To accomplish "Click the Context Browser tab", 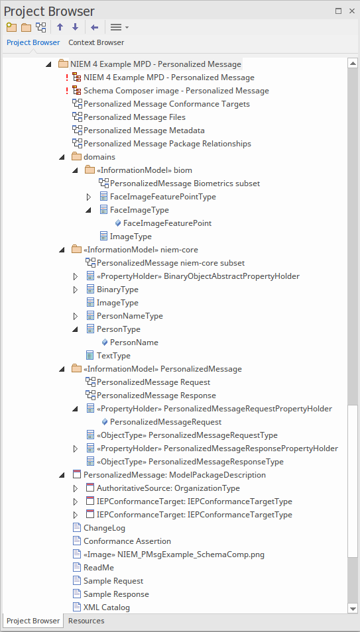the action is coord(96,42).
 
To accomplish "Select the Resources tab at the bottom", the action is coord(86,621).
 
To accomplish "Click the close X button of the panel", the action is coord(351,11).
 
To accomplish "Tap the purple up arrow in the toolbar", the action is coord(60,27).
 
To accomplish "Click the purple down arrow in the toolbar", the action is coord(75,27).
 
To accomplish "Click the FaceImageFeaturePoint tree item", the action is coord(167,223).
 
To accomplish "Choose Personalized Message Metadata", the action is coord(144,131).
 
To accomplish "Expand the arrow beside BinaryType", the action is coord(76,290).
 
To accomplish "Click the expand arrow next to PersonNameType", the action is coord(76,317).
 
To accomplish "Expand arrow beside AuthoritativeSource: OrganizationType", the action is coord(76,488).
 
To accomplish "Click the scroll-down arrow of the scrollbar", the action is coord(353,608).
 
